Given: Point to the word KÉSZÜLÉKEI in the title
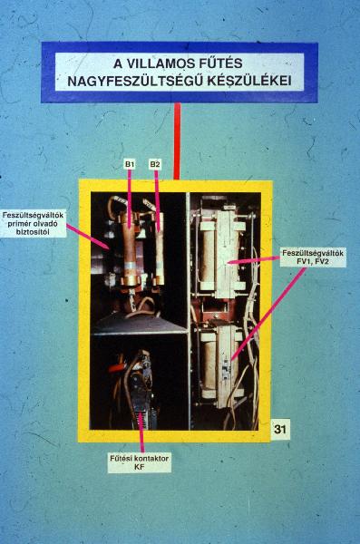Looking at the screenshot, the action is (249, 81).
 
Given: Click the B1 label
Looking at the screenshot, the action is (129, 164).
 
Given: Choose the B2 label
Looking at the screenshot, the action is (155, 164).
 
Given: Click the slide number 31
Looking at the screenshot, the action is (280, 429).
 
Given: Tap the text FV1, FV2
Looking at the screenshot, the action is (313, 261).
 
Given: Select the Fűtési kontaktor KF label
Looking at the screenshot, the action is (140, 462).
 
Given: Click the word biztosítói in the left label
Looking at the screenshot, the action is (33, 231).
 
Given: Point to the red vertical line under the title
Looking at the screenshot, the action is (177, 141).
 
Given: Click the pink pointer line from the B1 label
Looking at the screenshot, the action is (130, 199).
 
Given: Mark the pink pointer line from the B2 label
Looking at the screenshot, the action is (158, 200).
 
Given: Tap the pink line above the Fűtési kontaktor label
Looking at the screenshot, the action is (141, 432).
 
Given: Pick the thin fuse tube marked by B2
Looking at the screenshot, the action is (159, 248).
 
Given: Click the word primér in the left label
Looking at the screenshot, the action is (18, 223).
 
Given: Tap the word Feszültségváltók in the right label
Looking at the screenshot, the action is (313, 253).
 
